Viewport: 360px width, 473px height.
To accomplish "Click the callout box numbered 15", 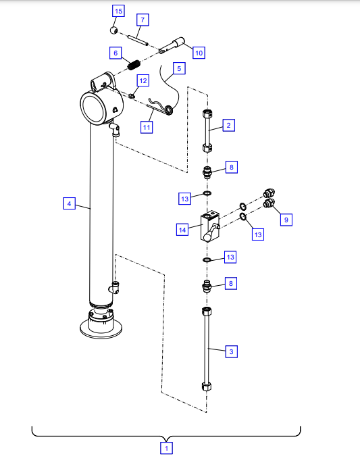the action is [x=118, y=11].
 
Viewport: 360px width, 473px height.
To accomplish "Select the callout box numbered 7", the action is [x=143, y=20].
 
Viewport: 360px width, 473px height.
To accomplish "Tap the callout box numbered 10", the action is [x=199, y=53].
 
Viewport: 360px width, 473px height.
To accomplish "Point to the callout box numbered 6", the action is [x=115, y=53].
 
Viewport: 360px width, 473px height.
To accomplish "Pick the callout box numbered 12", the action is [x=143, y=80].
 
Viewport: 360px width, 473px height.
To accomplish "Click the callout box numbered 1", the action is [x=166, y=448].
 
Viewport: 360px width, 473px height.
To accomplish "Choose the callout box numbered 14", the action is [x=182, y=230].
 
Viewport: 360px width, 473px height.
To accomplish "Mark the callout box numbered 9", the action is [x=286, y=220].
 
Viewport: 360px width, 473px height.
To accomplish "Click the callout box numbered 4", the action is [x=69, y=203].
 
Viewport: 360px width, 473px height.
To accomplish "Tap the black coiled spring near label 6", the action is [x=134, y=65].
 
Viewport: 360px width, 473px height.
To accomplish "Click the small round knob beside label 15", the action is [x=114, y=30].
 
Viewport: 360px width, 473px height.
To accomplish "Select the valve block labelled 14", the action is [x=209, y=226].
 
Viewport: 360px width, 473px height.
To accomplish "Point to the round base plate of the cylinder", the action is [x=101, y=329].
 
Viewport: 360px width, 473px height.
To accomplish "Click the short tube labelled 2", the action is [x=207, y=131].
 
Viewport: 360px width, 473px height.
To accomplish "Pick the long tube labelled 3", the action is [x=207, y=349].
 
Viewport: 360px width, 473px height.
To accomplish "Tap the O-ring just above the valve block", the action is [x=207, y=193].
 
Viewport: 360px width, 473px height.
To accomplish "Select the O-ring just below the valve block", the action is [x=207, y=259].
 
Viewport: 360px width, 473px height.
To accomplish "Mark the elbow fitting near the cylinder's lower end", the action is [x=114, y=287].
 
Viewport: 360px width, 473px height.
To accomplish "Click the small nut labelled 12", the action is [x=131, y=96].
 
